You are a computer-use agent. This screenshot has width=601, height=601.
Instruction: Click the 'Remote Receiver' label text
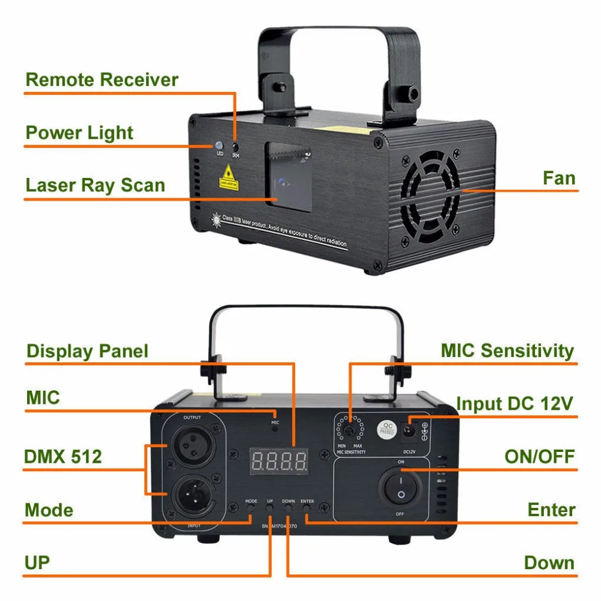point(102,80)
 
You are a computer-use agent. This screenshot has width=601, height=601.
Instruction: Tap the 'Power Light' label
point(79,133)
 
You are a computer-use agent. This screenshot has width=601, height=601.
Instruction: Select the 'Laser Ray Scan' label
point(95,185)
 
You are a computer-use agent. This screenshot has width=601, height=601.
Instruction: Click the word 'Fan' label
point(558,178)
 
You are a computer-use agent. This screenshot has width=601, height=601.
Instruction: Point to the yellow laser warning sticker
point(228,177)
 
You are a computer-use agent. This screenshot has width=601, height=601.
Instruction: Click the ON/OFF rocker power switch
point(400,487)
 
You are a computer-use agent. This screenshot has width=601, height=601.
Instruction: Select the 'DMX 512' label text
point(63,457)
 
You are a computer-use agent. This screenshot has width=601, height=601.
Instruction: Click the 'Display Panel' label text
point(87,351)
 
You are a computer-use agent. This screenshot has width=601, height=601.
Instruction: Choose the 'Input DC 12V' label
point(515,403)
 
